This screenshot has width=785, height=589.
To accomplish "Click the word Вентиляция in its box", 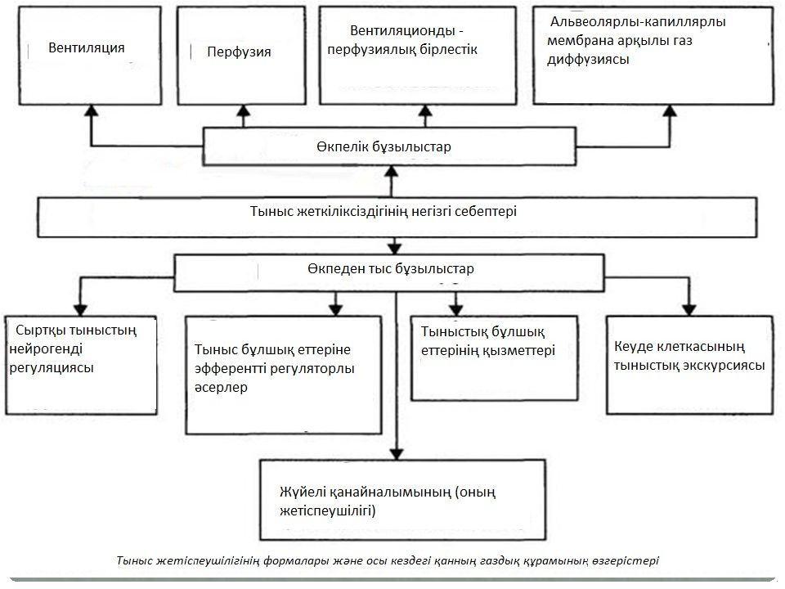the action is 86,48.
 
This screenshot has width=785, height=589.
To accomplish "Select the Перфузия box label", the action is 239,52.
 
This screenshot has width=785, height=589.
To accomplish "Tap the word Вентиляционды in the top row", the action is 402,30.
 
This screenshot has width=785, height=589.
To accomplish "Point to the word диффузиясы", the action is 588,60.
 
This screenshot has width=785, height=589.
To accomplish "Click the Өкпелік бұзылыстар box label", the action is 384,146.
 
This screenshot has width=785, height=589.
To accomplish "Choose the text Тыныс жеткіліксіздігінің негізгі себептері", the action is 383,211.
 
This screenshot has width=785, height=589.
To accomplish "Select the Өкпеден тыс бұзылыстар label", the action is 391,269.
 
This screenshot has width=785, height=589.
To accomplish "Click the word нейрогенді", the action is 46,349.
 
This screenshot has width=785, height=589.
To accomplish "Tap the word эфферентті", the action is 230,369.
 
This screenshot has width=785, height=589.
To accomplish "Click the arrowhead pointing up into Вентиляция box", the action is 91,110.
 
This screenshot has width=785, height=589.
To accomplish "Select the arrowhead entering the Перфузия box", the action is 244,110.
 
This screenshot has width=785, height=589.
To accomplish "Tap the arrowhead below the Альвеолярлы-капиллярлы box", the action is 670,110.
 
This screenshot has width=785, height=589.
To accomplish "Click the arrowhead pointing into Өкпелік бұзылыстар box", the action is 392,171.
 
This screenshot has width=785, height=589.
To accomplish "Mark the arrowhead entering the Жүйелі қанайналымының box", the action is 397,454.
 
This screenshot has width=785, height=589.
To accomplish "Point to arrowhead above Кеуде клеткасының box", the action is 689,310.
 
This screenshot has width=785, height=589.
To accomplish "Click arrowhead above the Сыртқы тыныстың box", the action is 80,310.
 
